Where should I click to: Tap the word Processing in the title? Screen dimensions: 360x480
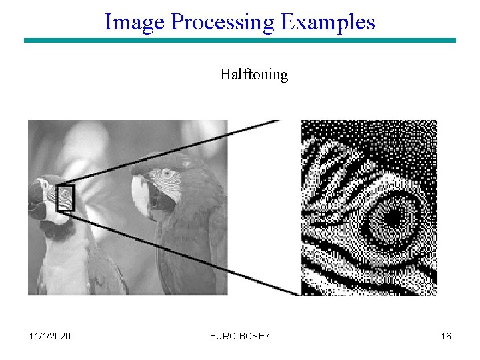tap(222, 22)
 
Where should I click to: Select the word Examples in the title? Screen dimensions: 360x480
tap(327, 22)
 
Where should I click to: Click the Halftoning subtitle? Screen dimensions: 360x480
tap(254, 74)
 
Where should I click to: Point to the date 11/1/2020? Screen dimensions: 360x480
tap(50, 336)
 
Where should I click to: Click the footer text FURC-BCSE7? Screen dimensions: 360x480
tap(240, 336)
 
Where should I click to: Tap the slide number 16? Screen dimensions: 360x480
tap(446, 336)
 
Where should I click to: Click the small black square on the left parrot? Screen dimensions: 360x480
tap(65, 198)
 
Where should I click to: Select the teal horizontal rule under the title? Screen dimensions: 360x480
tap(240, 41)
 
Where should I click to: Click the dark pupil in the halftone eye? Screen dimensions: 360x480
tap(392, 217)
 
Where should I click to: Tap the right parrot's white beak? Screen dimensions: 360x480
tap(140, 193)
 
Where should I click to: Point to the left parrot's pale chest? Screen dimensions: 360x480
tap(63, 267)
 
